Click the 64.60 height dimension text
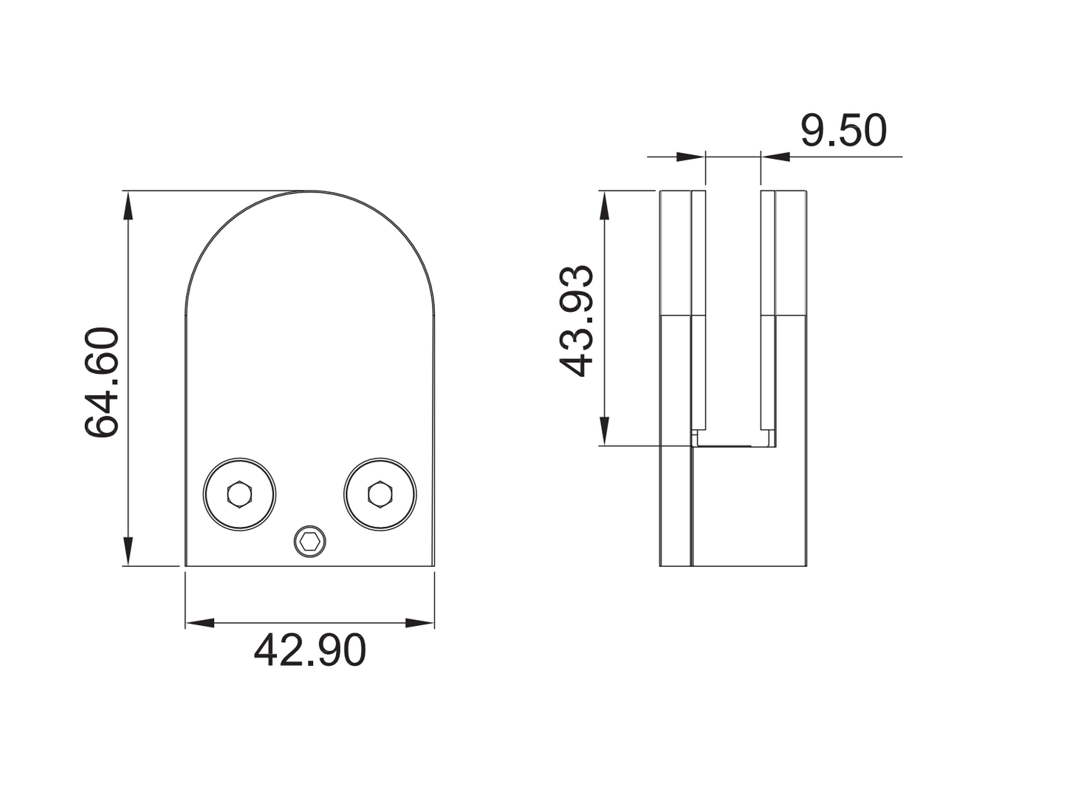point(102,382)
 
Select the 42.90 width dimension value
point(309,650)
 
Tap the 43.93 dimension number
point(576,321)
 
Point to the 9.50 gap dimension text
point(843,131)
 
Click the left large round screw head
point(239,494)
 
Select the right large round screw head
point(380,494)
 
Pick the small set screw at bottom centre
point(309,541)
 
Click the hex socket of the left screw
point(239,494)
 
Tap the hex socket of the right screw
point(380,494)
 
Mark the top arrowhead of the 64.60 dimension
point(128,205)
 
